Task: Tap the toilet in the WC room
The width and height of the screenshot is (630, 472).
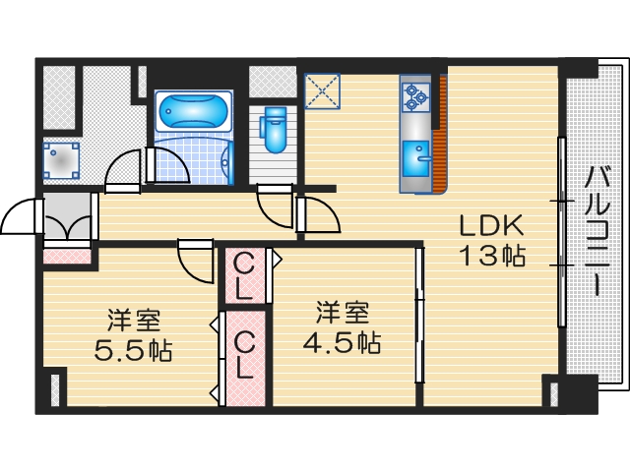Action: click(x=272, y=127)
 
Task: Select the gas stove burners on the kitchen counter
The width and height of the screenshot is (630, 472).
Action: click(x=413, y=95)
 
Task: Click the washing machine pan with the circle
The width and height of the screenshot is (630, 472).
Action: click(x=61, y=159)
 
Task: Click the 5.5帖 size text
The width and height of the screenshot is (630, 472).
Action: click(x=134, y=350)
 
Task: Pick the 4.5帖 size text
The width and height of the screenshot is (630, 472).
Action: click(x=342, y=344)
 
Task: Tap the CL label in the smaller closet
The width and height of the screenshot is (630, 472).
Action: click(x=245, y=275)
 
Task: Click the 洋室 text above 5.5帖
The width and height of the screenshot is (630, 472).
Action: click(x=134, y=320)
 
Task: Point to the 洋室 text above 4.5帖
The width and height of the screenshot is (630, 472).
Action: click(x=342, y=314)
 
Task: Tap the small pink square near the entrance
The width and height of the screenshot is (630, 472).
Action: click(x=68, y=258)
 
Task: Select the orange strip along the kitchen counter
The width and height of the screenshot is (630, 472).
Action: click(x=442, y=128)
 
